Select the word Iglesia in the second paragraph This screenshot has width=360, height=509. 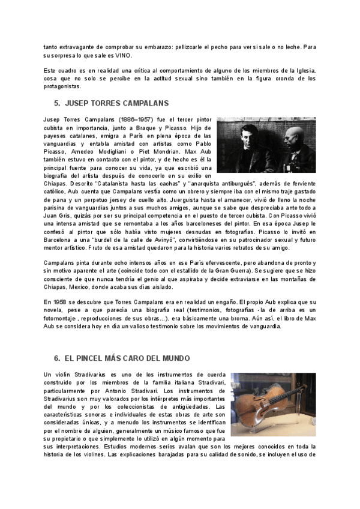[x=303, y=71]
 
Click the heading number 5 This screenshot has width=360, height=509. [x=56, y=103]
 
